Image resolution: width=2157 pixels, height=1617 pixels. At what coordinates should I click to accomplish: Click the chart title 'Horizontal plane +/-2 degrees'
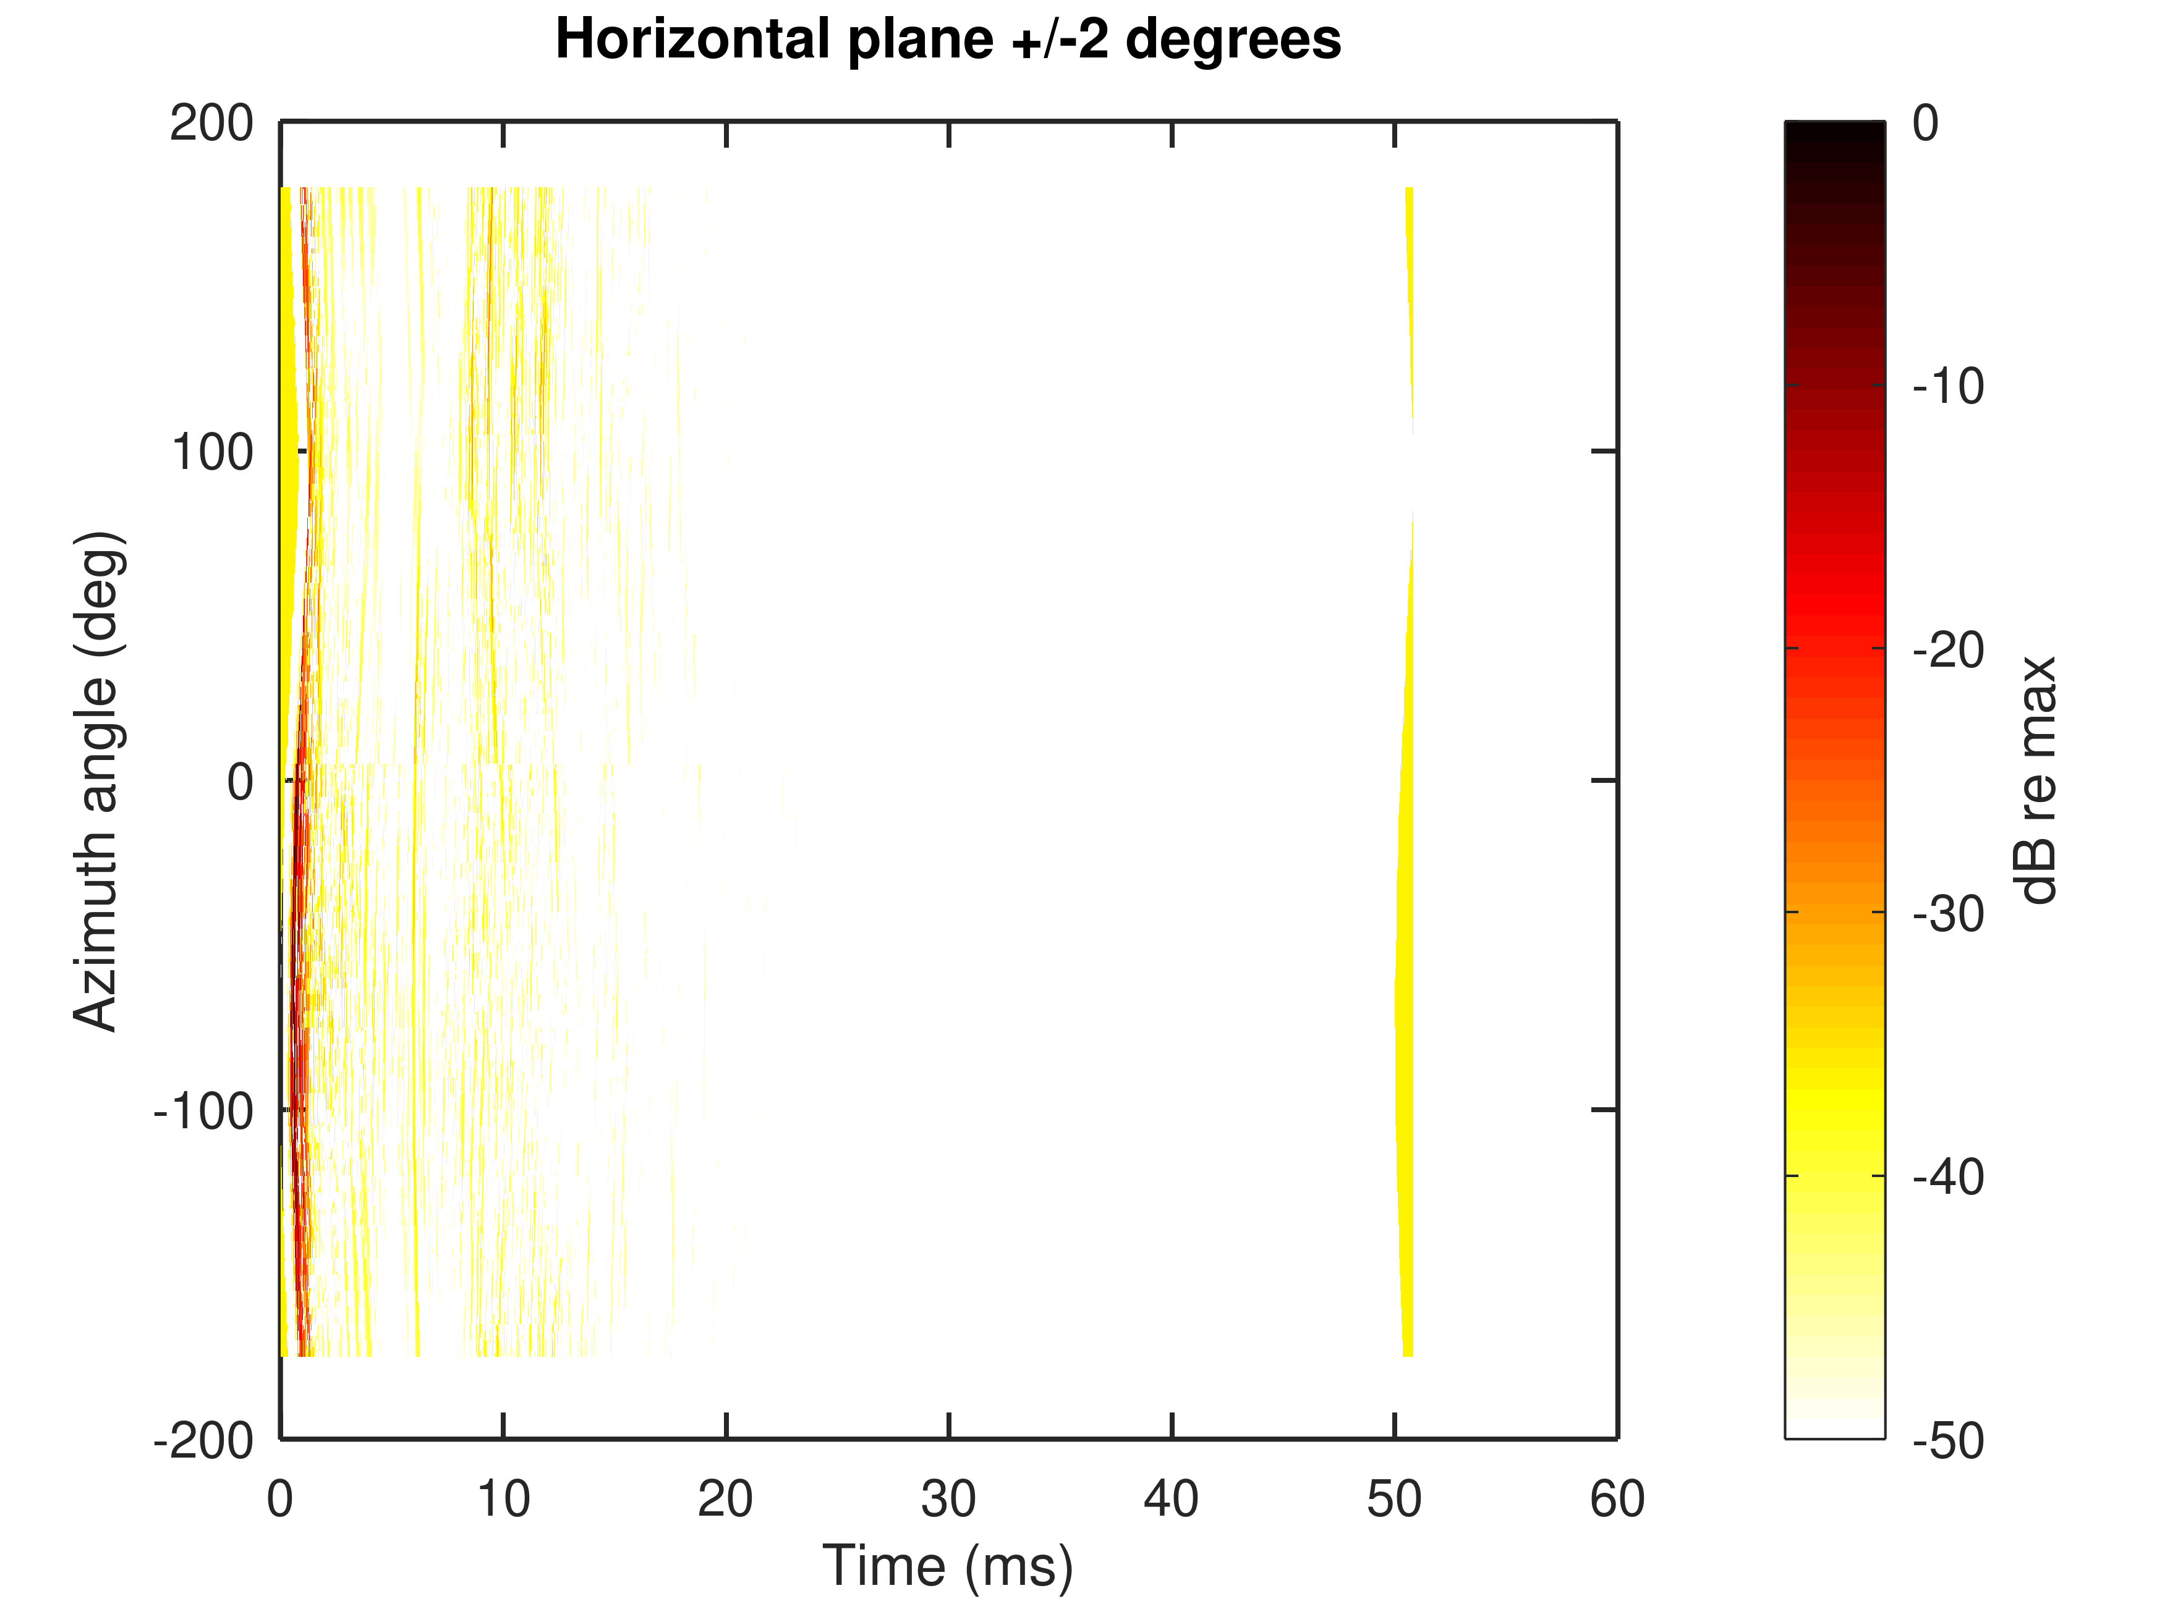click(x=948, y=41)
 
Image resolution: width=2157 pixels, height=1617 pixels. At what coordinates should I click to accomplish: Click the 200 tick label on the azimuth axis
click(x=211, y=124)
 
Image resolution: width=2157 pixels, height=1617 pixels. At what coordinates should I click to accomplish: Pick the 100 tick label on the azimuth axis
click(x=211, y=452)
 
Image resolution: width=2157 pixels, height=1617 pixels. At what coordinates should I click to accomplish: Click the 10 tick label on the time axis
click(x=503, y=1499)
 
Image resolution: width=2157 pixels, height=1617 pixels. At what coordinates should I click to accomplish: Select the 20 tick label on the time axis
click(x=726, y=1499)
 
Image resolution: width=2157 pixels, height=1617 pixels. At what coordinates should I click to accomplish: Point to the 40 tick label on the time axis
click(x=1171, y=1499)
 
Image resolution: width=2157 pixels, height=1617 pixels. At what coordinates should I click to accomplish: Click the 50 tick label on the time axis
click(x=1395, y=1499)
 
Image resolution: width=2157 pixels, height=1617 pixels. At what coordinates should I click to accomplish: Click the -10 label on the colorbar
click(x=1948, y=387)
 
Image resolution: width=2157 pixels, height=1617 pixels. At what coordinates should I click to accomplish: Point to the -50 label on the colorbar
click(x=1948, y=1440)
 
